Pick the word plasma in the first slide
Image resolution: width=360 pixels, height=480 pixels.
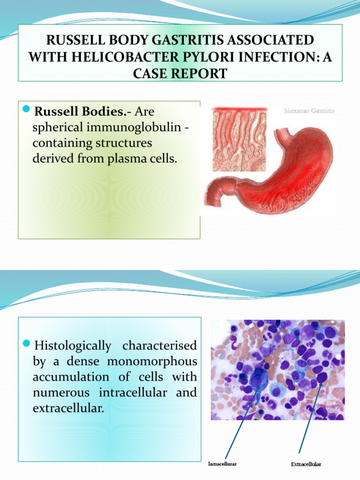click(x=123, y=158)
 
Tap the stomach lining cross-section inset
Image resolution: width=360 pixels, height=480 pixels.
click(x=239, y=140)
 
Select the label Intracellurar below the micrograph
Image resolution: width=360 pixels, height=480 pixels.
click(x=222, y=464)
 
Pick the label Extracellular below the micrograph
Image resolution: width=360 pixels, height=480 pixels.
click(x=306, y=464)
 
